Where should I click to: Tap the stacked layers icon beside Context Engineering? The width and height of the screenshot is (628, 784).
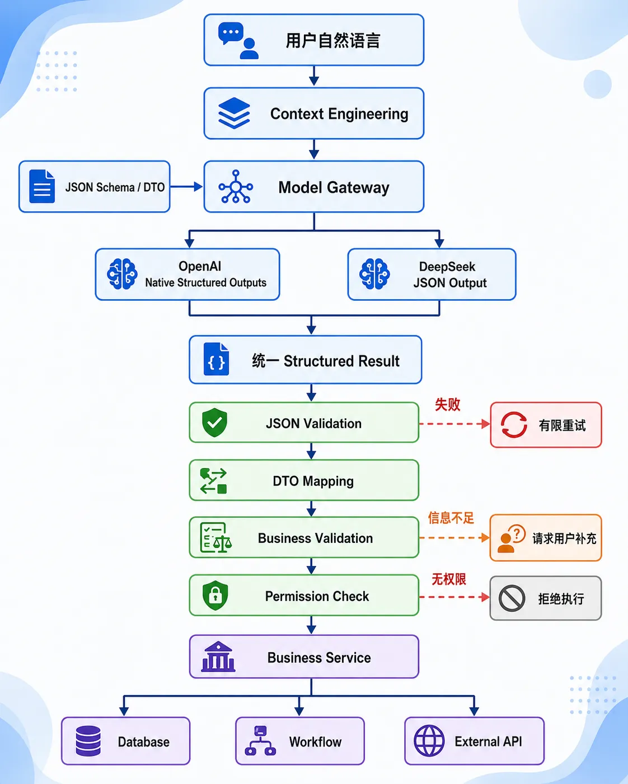234,113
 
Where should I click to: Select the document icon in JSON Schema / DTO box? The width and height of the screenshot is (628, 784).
42,186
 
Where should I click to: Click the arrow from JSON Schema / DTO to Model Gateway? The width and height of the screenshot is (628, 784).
186,187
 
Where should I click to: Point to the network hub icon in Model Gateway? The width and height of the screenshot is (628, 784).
236,187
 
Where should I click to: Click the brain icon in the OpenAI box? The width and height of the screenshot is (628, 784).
122,274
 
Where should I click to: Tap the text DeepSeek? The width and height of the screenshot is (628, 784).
447,267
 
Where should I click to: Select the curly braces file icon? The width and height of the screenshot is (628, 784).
216,359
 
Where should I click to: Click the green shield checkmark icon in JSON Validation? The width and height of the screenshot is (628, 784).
215,422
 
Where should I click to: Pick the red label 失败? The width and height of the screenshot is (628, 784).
447,404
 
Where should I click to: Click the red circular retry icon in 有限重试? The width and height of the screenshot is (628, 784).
514,424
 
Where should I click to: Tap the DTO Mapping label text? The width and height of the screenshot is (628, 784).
313,481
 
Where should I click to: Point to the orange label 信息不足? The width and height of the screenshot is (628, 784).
451,518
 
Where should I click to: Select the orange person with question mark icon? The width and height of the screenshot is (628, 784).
512,539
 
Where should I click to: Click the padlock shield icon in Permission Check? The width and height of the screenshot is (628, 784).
215,596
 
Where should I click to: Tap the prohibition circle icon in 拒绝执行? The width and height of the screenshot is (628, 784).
512,598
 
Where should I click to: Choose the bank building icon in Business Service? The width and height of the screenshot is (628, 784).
218,657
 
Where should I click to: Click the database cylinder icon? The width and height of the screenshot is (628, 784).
88,741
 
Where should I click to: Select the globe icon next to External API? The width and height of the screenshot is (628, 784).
429,741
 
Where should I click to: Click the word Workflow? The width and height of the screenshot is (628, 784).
315,742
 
